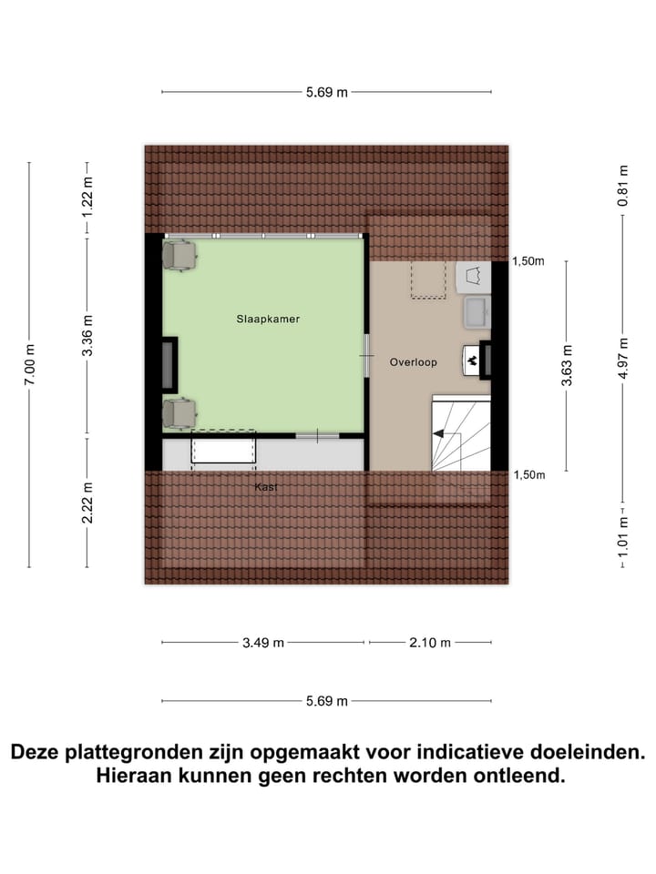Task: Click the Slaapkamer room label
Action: tap(268, 320)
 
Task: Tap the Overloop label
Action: tap(413, 362)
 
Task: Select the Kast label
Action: tap(266, 487)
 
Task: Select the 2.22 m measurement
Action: tap(88, 502)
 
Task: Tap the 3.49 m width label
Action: tap(263, 643)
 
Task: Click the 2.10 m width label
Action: tap(429, 643)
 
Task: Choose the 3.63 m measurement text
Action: tap(567, 365)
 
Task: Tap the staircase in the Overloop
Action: tap(459, 434)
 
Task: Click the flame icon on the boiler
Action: tap(472, 361)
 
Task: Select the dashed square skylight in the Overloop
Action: tap(425, 279)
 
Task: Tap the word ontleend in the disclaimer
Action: tap(519, 777)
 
